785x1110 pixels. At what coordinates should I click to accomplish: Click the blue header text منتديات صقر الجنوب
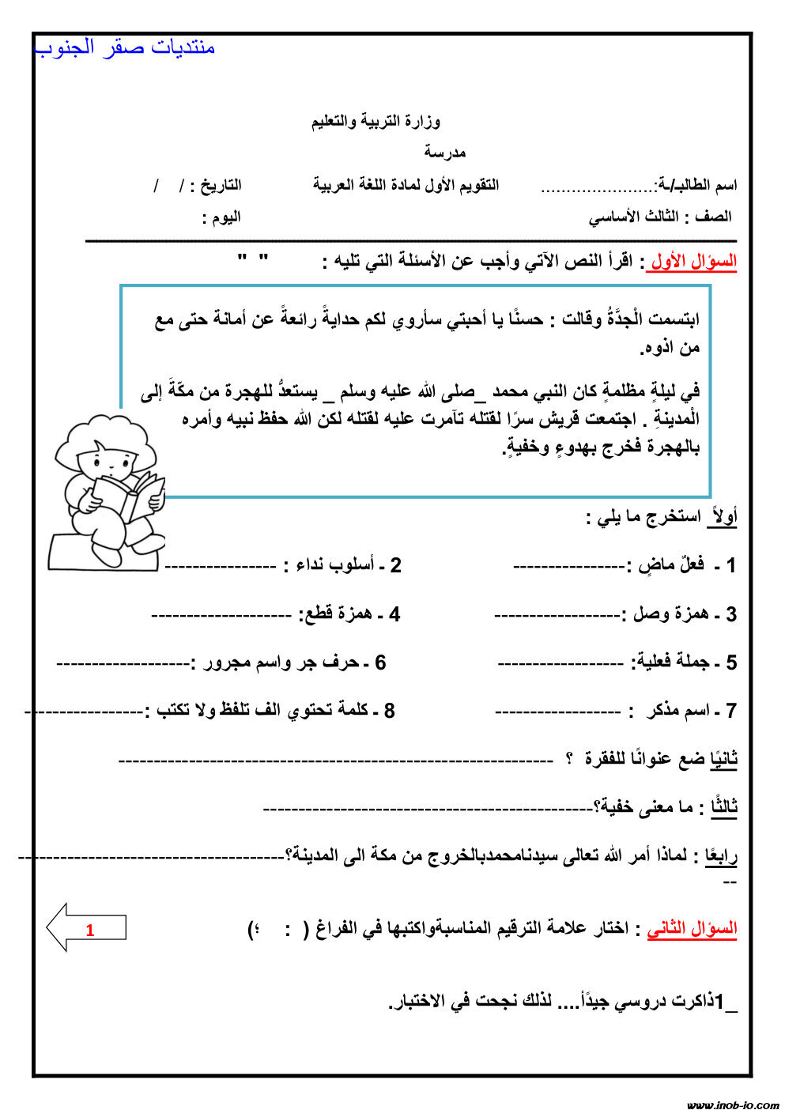click(x=125, y=48)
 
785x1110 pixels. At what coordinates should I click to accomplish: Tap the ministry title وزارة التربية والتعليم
click(x=376, y=122)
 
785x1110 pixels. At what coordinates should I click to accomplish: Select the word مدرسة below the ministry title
click(x=445, y=152)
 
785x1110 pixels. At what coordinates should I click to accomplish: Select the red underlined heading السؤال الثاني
click(x=693, y=929)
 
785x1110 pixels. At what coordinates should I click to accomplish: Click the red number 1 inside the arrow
click(x=90, y=931)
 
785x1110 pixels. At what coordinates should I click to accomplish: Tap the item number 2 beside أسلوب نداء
click(x=395, y=566)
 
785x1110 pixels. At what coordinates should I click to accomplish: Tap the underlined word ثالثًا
click(x=723, y=807)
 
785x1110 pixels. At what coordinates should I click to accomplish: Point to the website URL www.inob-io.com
click(x=732, y=1104)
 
